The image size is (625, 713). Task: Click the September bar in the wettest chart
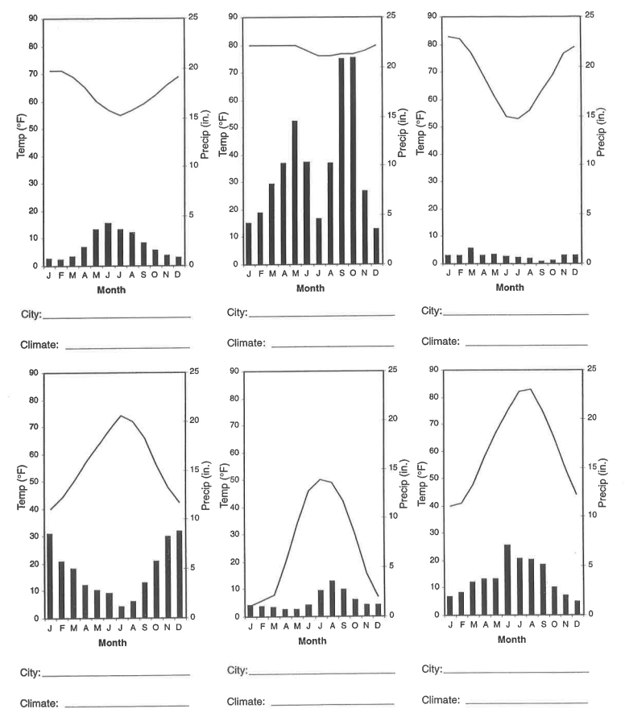(341, 161)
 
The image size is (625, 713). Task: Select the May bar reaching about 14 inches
(295, 193)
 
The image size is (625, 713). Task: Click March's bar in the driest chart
(471, 255)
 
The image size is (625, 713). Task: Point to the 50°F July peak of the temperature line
(320, 479)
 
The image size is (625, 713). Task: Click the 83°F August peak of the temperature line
(530, 389)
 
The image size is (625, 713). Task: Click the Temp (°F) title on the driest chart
(420, 134)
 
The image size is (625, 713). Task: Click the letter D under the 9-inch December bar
(178, 628)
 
